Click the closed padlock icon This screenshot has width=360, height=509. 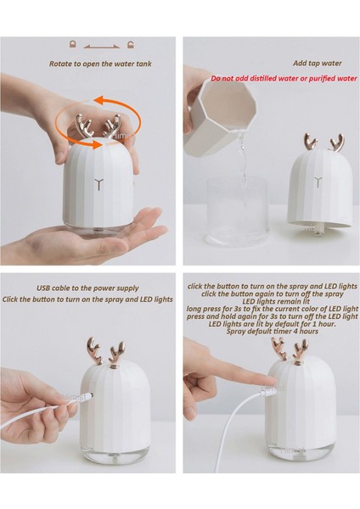(72, 44)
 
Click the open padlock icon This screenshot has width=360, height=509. (131, 44)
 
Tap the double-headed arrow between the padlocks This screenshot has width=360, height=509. (102, 47)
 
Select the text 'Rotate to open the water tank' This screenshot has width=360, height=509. (100, 64)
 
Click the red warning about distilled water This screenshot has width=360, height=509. (284, 78)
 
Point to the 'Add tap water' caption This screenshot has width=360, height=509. (318, 64)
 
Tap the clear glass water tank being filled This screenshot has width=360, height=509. (238, 211)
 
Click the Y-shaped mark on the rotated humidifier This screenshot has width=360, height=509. (99, 184)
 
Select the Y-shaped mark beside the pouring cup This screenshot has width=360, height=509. (318, 182)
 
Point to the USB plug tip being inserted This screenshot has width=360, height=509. (87, 395)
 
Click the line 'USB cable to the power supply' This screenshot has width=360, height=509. (87, 288)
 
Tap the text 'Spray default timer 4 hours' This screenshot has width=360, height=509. (273, 331)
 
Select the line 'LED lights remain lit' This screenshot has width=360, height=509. (273, 301)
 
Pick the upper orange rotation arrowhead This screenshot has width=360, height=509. (101, 99)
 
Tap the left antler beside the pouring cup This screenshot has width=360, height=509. (310, 142)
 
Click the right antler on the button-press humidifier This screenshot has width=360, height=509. (300, 350)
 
